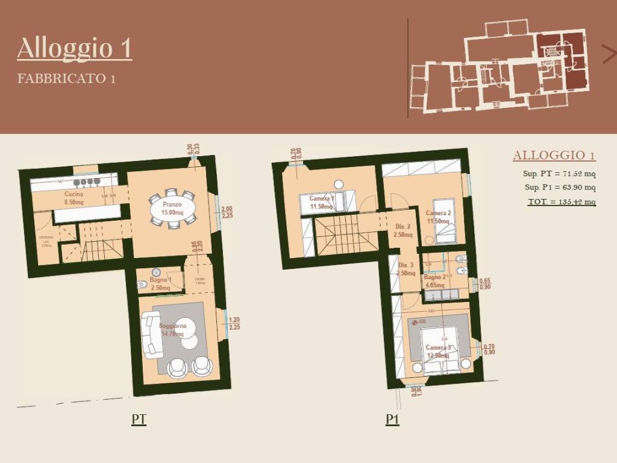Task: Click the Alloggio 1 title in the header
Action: pos(74,48)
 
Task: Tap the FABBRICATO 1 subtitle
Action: pos(66,78)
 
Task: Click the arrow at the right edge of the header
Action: pos(609,54)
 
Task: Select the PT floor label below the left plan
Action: pos(139,420)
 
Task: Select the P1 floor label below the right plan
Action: pos(392,420)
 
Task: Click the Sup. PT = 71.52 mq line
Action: pos(559,174)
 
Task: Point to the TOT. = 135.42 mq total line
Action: pos(562,201)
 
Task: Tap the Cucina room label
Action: pos(74,195)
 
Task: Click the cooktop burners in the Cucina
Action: pos(86,181)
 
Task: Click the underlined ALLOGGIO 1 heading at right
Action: pos(554,156)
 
